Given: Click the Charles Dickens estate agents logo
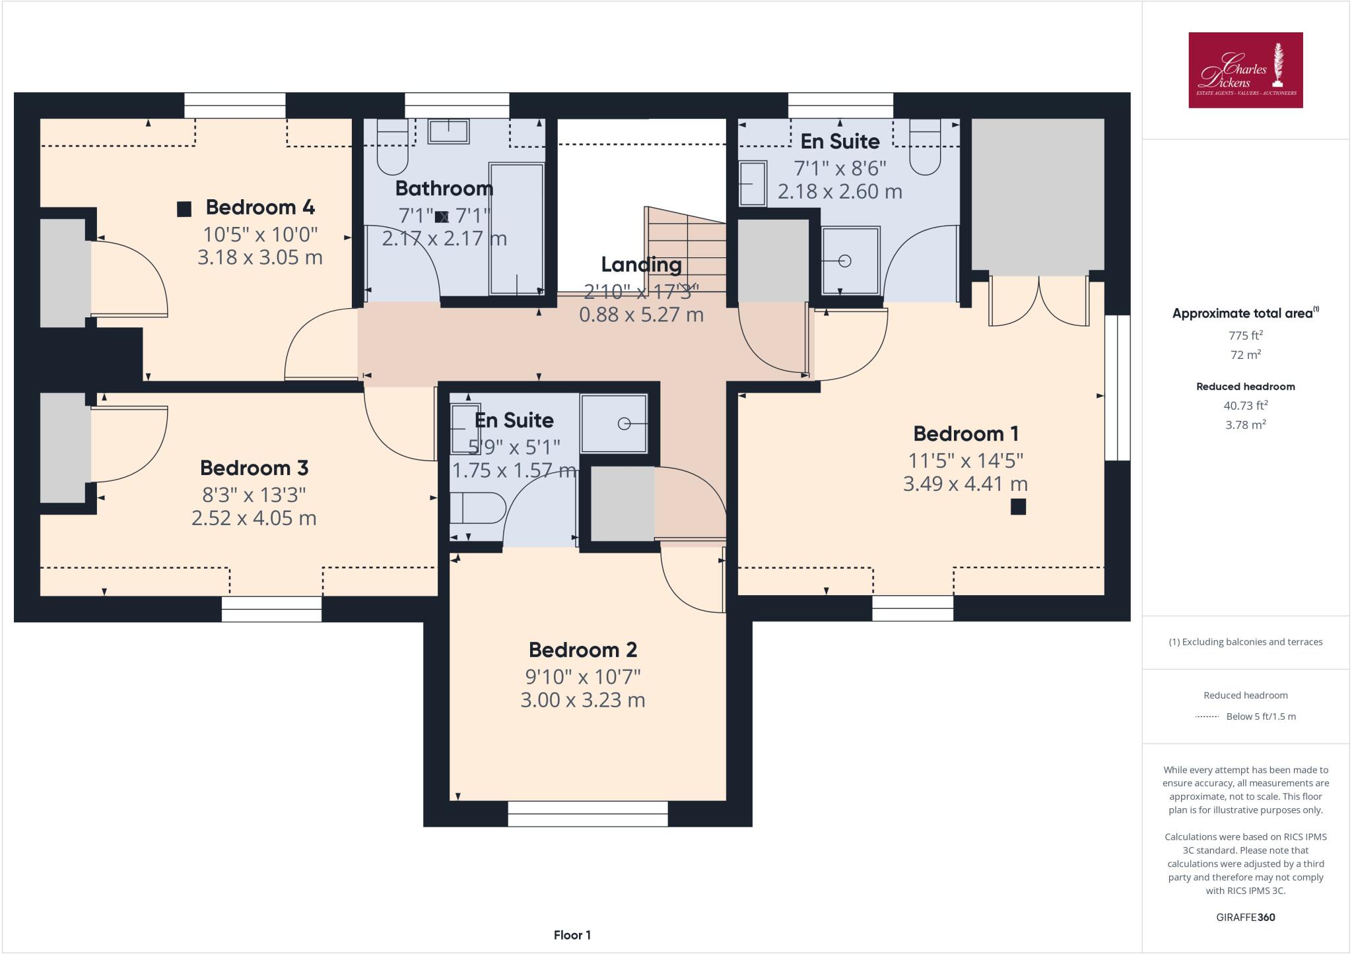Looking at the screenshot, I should click(1245, 70).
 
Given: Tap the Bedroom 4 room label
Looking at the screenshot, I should click(260, 207).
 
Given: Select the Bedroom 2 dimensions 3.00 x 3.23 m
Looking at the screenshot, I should click(582, 700).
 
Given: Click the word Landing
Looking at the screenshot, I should click(641, 265).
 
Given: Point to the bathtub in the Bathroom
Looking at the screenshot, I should click(516, 228).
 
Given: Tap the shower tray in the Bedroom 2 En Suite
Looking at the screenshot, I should click(614, 424).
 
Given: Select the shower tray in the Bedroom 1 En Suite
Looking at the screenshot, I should click(850, 261).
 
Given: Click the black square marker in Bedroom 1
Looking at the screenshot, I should click(1018, 507).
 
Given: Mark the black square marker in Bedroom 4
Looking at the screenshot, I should click(184, 209).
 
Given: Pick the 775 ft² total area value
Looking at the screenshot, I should click(1245, 335).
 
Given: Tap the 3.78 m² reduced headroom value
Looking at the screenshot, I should click(1245, 425).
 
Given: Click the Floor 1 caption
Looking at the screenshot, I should click(572, 935).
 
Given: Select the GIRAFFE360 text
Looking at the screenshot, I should click(1245, 917).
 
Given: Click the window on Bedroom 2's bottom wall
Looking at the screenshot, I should click(588, 813).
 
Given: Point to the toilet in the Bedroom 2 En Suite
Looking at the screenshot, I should click(477, 508).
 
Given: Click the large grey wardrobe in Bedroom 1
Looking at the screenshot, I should click(1037, 195).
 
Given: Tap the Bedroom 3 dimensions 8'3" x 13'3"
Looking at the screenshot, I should click(254, 495).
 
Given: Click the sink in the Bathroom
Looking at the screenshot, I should click(448, 131).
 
